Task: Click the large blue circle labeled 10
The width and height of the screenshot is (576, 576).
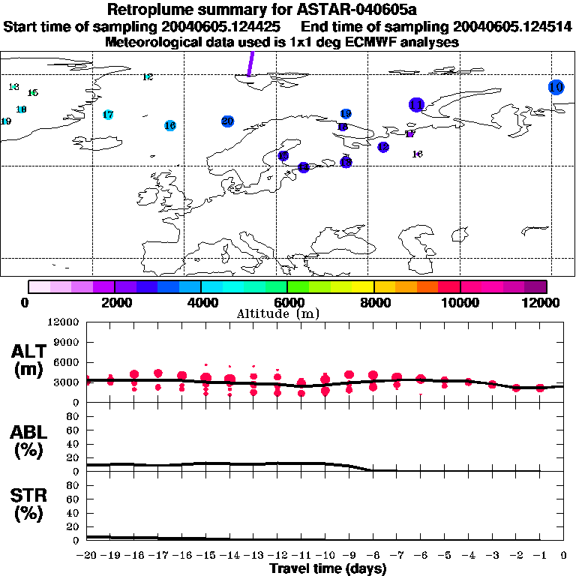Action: tap(556, 87)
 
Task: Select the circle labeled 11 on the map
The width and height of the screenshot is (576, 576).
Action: tap(417, 105)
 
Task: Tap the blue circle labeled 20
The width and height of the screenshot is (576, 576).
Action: tap(228, 121)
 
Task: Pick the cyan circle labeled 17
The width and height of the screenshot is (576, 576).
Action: tap(108, 115)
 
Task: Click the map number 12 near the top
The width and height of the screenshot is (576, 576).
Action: tap(147, 77)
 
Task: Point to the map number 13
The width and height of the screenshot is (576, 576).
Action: tap(13, 87)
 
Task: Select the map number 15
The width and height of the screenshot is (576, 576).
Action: tap(32, 93)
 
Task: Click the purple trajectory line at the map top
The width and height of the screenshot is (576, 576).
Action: tap(250, 63)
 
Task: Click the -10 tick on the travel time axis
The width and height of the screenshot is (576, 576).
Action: tap(325, 556)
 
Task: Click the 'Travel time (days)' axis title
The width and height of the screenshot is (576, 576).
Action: tap(328, 568)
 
